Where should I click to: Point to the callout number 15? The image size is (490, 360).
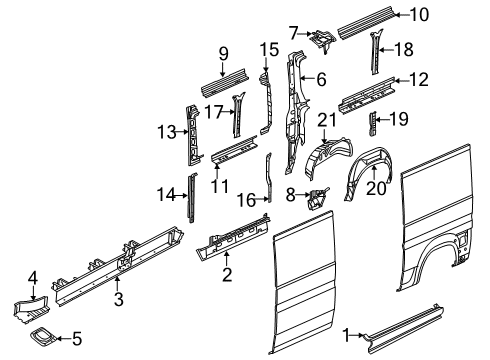pyautogui.click(x=269, y=50)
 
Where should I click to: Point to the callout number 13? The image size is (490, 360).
pyautogui.click(x=166, y=130)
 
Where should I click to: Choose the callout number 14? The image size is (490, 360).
pyautogui.click(x=166, y=195)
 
